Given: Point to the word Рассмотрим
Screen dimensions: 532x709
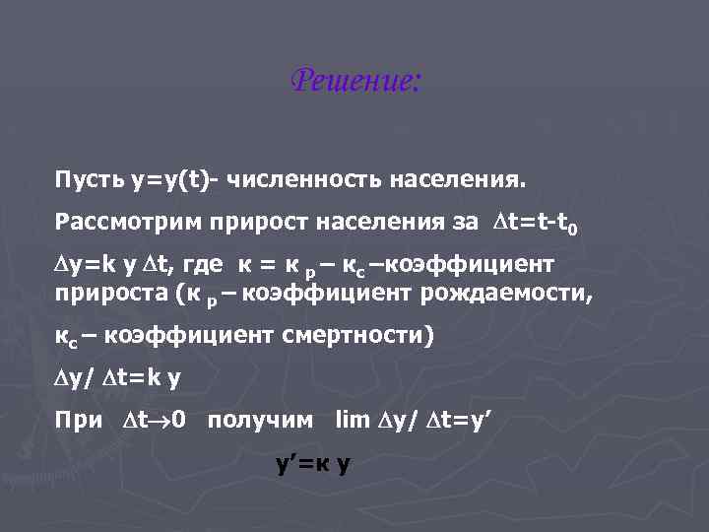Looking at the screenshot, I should (127, 223).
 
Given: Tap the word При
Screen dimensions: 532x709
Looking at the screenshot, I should (79, 421).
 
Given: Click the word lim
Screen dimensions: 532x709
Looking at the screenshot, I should (352, 421).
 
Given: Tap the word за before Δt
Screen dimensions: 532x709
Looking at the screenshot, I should (465, 223).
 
